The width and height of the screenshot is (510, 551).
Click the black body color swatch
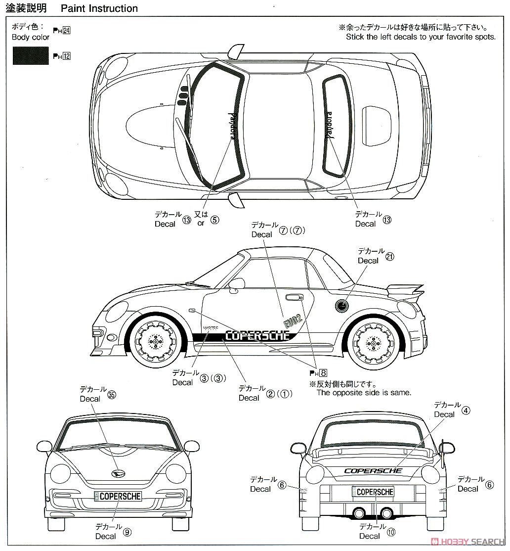[31, 55]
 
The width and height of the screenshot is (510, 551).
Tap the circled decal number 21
[389, 257]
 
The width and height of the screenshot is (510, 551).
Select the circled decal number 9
[127, 532]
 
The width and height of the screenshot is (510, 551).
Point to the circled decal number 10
[391, 532]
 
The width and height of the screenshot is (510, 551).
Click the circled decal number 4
[466, 410]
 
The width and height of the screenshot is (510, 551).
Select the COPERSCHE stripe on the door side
[257, 335]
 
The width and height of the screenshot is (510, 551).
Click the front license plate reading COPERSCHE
[119, 496]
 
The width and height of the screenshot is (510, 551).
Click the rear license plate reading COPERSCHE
[373, 492]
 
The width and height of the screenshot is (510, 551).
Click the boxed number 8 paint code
[323, 373]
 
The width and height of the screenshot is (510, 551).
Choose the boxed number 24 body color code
[67, 31]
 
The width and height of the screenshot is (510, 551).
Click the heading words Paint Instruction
[99, 8]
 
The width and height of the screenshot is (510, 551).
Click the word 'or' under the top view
[201, 223]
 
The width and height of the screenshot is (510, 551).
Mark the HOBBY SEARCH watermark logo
[467, 541]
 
